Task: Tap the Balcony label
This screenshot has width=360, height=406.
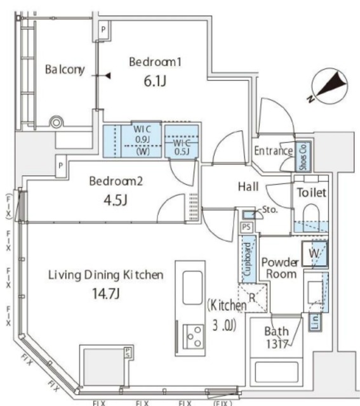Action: point(64,70)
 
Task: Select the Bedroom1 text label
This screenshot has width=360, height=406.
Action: point(156,62)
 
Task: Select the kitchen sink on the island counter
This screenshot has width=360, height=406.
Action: point(193,287)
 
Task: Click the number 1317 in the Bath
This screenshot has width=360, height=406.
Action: point(277,344)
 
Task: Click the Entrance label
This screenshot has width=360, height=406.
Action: point(273,151)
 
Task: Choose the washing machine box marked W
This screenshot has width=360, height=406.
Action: point(316,253)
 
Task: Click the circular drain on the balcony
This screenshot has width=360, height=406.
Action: point(57,121)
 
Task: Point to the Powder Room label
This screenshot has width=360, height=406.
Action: point(280,267)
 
